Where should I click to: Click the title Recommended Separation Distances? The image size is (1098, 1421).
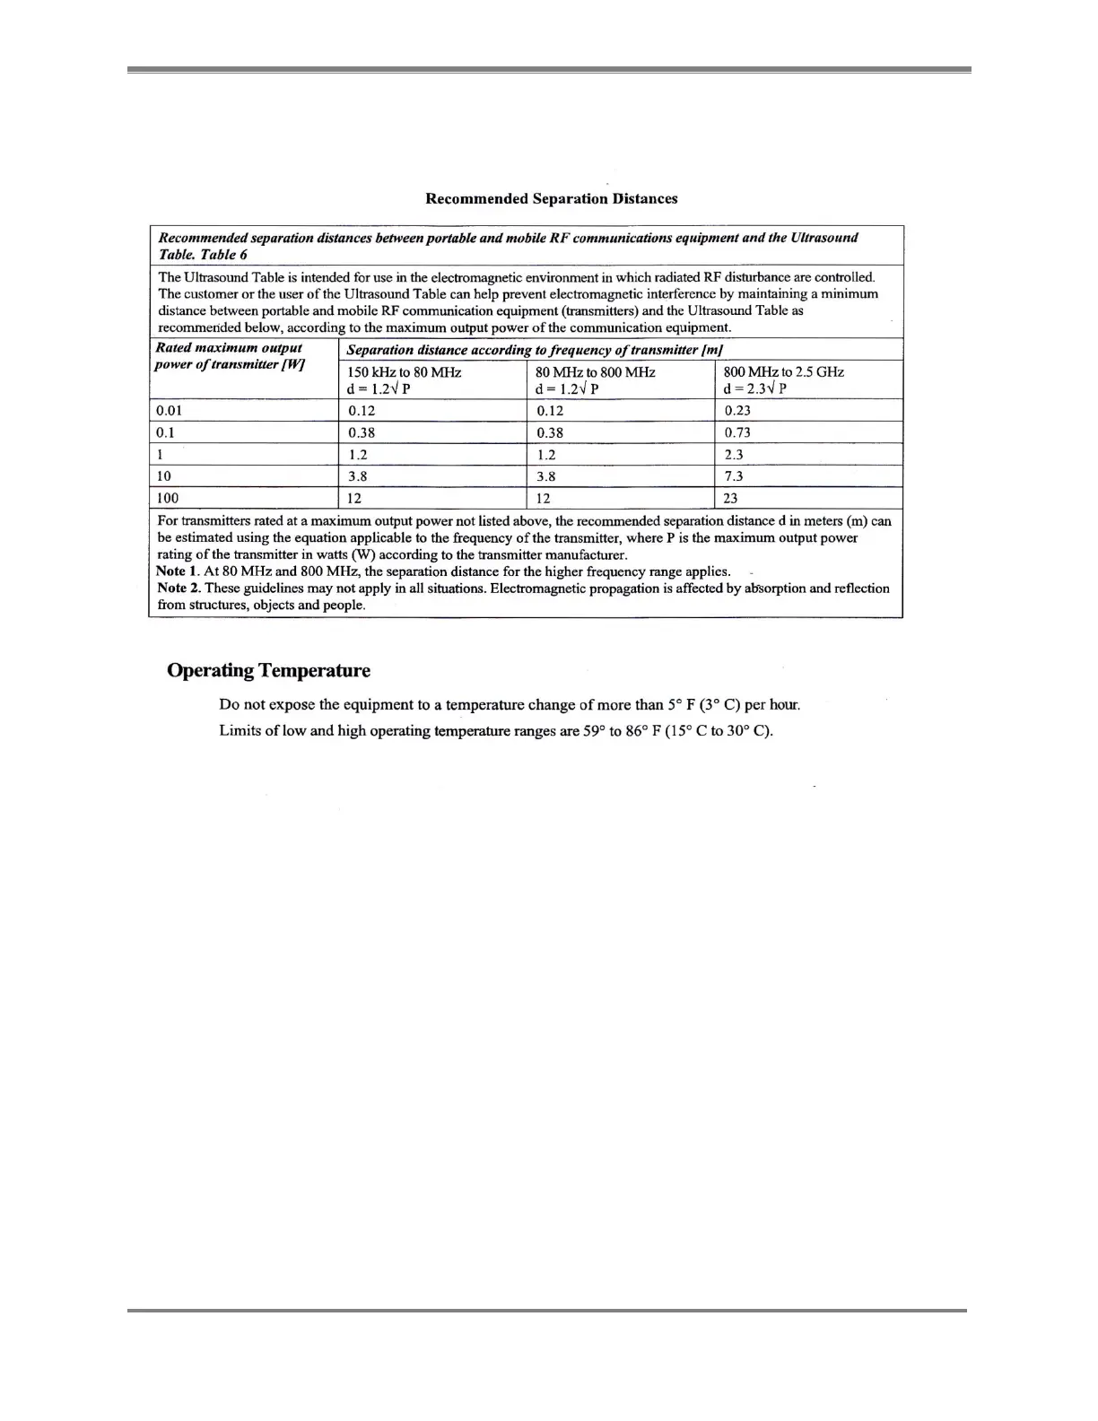coord(551,198)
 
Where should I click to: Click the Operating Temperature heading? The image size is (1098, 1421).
coord(268,670)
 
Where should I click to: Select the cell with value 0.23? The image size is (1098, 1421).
coord(737,410)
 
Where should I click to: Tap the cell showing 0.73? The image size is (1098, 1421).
coord(737,432)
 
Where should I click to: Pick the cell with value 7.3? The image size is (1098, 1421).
coord(734,476)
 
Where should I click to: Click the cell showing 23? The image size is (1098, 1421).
coord(730,498)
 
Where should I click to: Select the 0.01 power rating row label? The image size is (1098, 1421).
coord(169,410)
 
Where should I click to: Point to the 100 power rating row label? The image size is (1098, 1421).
coord(167,498)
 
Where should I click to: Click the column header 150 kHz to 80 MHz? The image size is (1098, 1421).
coord(404,371)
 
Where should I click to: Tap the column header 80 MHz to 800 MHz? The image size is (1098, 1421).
coord(595,371)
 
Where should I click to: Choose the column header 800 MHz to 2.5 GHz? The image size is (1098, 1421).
coord(783,371)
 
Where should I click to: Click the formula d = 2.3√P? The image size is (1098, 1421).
coord(755,388)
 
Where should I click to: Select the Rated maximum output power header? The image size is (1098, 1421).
coord(230,355)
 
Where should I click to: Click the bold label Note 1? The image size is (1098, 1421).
coord(177,571)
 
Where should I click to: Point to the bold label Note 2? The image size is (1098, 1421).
coord(178,588)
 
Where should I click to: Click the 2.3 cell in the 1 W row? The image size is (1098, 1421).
coord(734,454)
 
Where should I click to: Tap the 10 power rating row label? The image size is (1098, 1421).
coord(163,476)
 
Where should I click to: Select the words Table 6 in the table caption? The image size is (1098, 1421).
coord(224,254)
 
